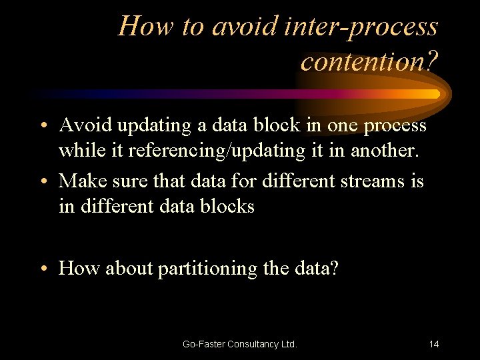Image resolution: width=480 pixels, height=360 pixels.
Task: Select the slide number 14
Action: pos(434,344)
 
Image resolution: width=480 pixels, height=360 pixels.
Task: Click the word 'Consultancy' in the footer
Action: pos(253,344)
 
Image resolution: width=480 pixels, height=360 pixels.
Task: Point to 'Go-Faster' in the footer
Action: pos(203,344)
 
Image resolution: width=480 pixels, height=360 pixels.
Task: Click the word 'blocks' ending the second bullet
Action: pos(230,207)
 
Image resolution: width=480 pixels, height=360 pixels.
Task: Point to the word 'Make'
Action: pos(82,181)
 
